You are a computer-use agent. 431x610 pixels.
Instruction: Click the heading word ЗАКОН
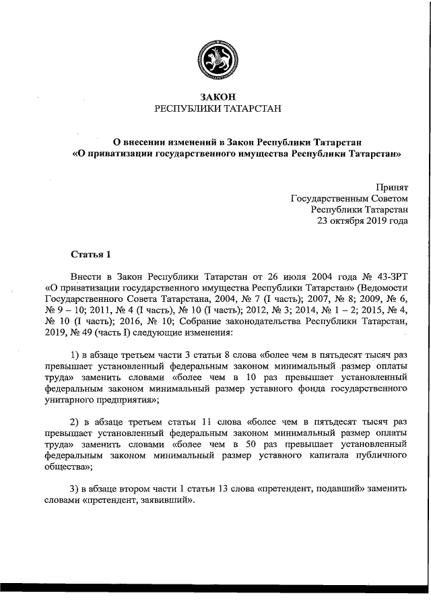point(215,97)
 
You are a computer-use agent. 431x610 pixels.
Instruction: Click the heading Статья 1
point(90,254)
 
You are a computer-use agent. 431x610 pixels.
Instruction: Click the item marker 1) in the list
point(75,355)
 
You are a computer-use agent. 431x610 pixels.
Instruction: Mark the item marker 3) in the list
point(75,489)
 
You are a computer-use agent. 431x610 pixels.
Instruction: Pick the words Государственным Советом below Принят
point(349,199)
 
